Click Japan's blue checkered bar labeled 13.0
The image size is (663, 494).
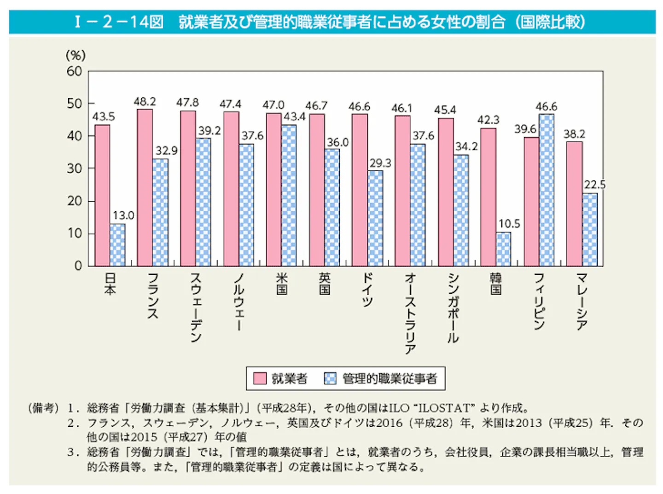(x=117, y=245)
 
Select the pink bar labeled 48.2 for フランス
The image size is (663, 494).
(x=145, y=187)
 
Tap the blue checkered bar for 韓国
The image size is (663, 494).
(x=503, y=249)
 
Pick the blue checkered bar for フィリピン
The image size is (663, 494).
(x=547, y=190)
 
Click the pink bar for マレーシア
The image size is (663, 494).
(x=575, y=204)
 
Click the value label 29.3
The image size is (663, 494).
(x=380, y=163)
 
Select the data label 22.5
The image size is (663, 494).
(x=595, y=185)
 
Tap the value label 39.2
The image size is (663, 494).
(x=209, y=131)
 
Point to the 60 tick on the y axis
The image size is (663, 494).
(x=75, y=71)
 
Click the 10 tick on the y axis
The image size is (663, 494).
(x=75, y=233)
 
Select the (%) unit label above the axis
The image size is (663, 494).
(x=76, y=55)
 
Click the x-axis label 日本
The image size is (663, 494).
(x=110, y=285)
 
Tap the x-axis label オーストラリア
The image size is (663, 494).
(x=410, y=314)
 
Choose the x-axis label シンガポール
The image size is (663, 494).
(x=453, y=308)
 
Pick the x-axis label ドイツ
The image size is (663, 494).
(x=367, y=291)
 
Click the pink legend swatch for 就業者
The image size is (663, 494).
(x=260, y=378)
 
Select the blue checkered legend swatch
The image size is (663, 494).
(x=330, y=378)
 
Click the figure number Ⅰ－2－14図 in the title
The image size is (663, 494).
(x=119, y=23)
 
